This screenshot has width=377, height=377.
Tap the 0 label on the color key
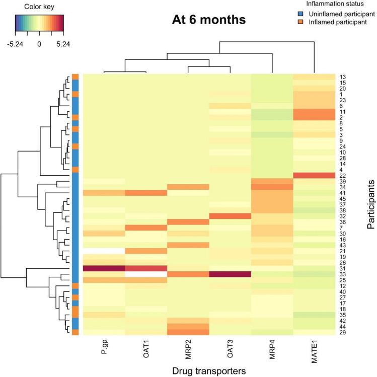[x=39, y=44]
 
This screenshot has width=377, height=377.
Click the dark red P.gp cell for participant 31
[x=104, y=268]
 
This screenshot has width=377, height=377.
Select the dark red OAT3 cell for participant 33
[x=230, y=274]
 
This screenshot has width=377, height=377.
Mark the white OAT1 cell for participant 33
[x=146, y=274]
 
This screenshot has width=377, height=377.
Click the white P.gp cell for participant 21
[x=104, y=251]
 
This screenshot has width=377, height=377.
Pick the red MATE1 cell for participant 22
[x=314, y=175]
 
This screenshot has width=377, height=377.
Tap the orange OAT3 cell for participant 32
[x=230, y=216]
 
